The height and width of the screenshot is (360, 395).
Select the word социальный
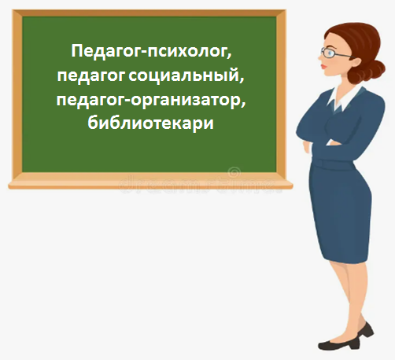[186, 75]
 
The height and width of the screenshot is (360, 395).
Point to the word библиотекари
[151, 123]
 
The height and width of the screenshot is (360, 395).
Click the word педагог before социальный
[91, 76]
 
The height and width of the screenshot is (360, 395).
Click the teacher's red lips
[323, 67]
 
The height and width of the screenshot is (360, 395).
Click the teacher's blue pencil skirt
[340, 210]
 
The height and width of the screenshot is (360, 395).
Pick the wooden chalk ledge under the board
[150, 185]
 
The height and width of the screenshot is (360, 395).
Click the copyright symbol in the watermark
[234, 172]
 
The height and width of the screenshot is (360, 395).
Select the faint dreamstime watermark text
[199, 185]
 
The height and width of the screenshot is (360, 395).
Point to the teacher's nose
[320, 60]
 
